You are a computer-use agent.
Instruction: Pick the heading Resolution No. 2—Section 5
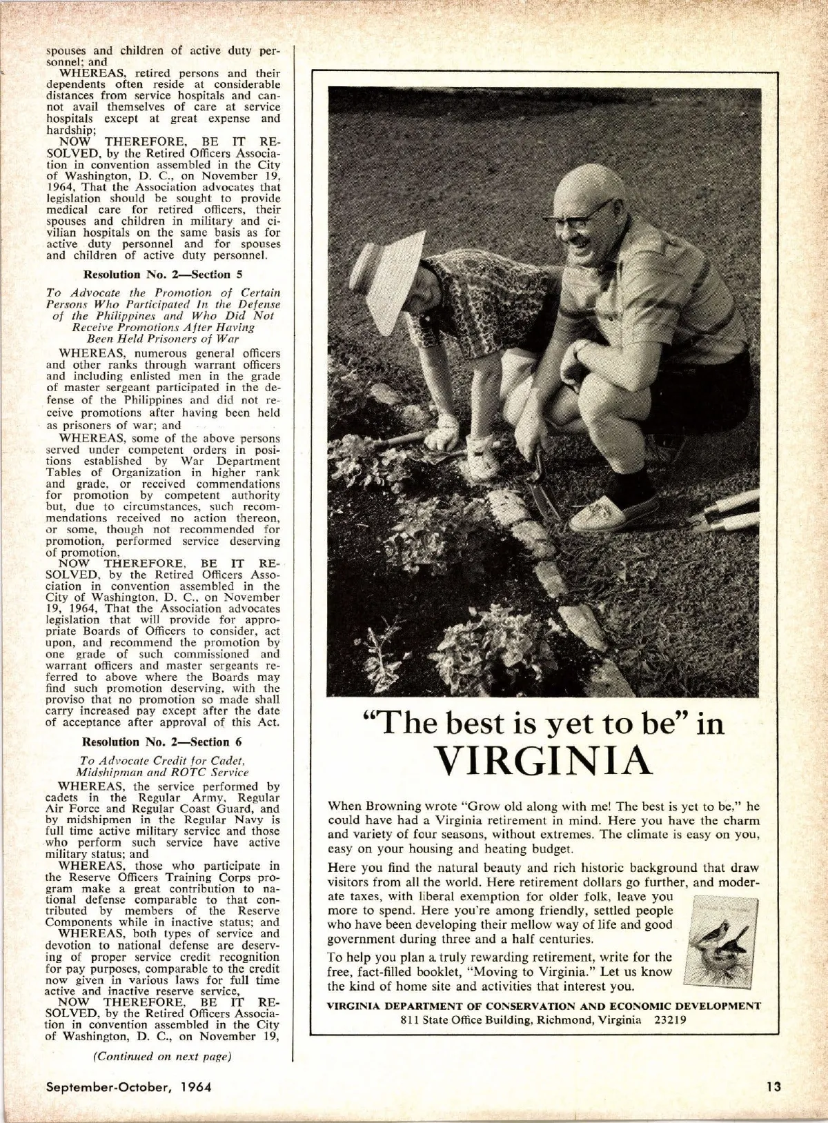162,274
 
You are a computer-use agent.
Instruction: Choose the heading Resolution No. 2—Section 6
162,742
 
